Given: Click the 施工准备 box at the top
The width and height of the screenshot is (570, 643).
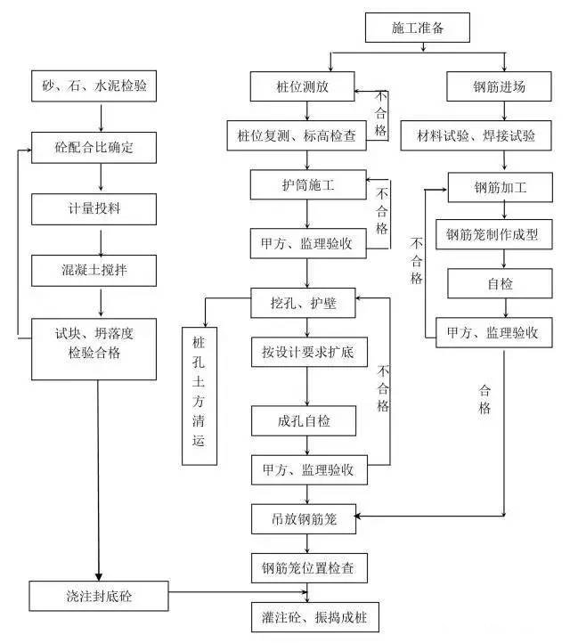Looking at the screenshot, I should (417, 28).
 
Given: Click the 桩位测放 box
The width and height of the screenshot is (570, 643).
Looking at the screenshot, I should (304, 87).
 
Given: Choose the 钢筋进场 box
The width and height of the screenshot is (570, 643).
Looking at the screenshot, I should (500, 87).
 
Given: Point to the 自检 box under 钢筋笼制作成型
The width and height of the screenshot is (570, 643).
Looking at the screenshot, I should (501, 285).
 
